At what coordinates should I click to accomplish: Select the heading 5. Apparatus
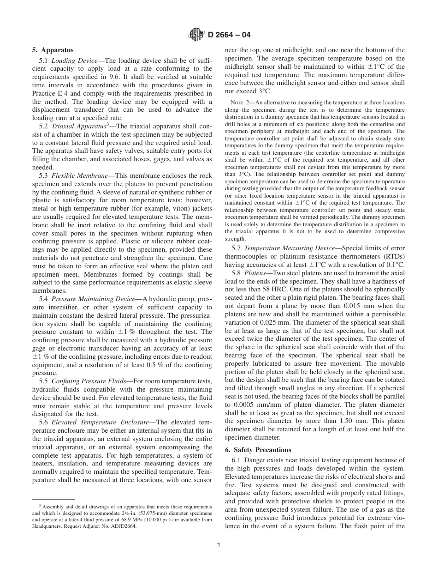click(x=53, y=50)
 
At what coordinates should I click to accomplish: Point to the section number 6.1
click(x=237, y=460)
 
